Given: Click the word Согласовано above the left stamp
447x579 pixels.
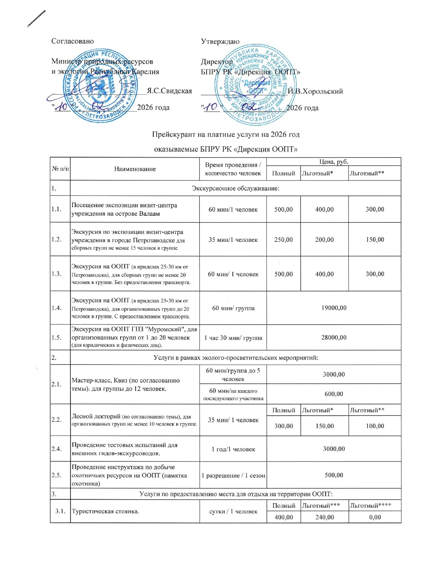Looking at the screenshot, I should [73, 41].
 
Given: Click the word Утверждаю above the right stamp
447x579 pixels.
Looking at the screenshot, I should [220, 42].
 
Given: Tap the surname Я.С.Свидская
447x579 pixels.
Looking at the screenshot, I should [169, 91].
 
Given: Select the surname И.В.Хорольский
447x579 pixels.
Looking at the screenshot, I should [315, 92].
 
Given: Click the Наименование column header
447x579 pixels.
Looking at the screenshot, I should [135, 169].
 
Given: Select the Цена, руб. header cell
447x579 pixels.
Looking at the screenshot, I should [333, 162].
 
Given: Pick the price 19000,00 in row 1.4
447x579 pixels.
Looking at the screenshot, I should [334, 308].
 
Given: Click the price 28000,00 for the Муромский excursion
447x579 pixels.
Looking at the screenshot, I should [334, 338].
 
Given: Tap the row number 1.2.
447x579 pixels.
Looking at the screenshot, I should [56, 239].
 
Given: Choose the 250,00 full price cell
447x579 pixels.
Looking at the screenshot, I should [283, 240].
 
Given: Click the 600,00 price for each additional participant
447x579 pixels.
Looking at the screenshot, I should [334, 394].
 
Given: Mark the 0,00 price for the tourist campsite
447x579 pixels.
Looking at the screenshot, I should [375, 517].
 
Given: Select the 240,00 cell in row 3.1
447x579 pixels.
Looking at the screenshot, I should [325, 517].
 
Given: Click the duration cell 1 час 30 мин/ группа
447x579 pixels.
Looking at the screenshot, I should [233, 338].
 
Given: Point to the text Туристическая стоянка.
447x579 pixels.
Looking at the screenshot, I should [105, 511].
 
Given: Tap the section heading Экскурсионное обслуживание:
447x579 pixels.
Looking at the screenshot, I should [236, 188].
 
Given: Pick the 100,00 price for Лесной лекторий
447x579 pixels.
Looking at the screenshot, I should [375, 426].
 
